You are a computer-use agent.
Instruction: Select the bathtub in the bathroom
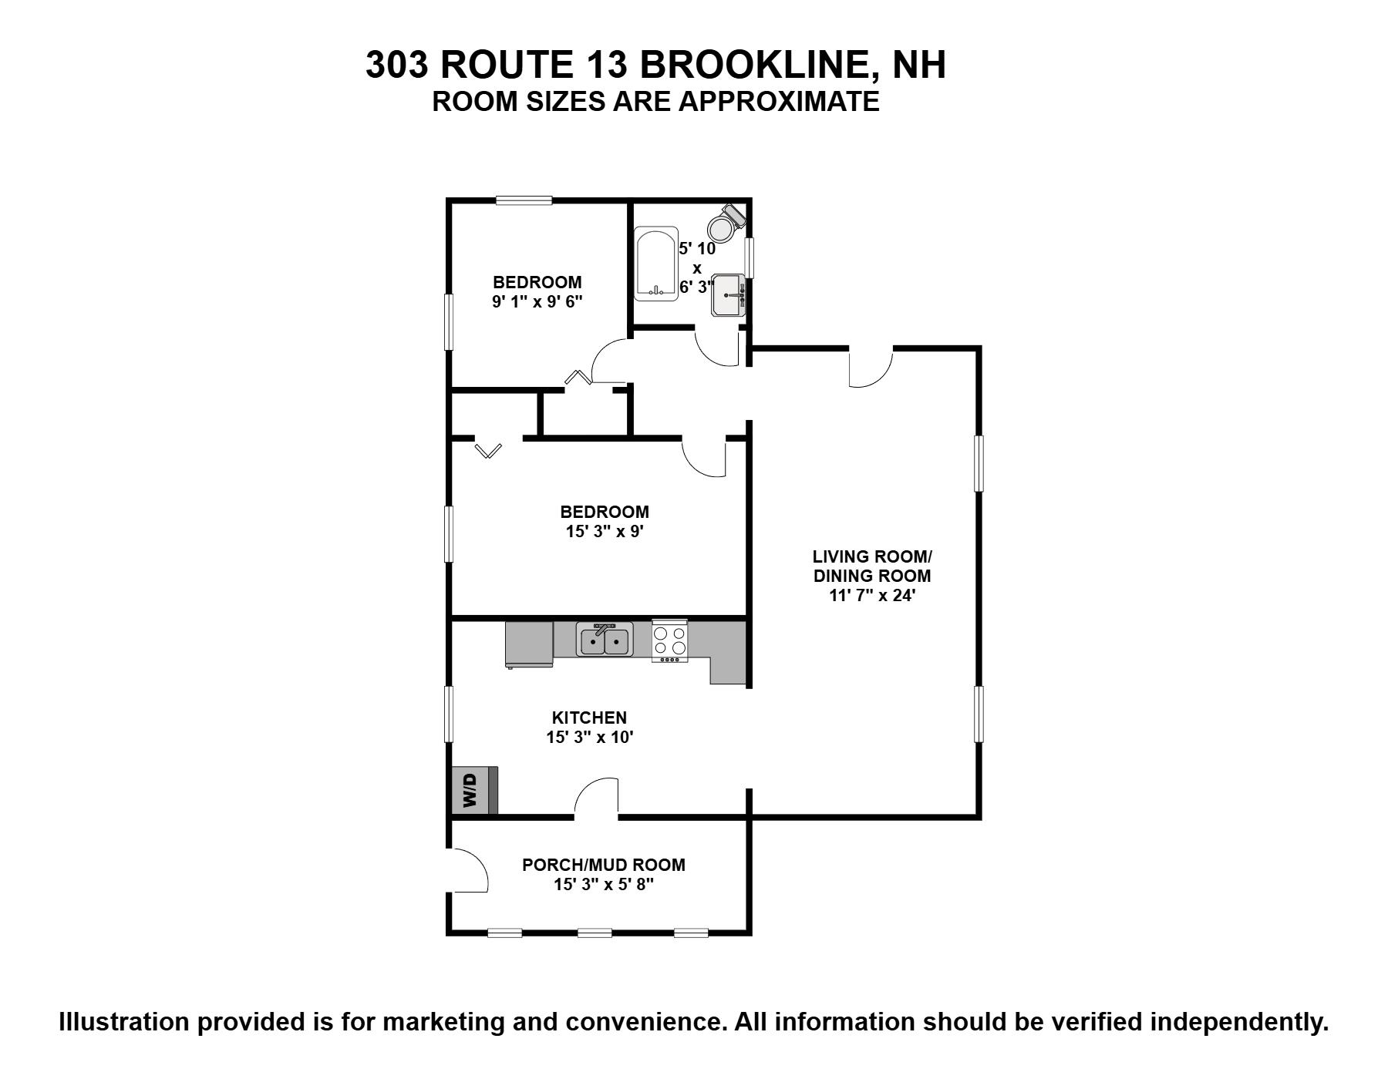click(x=655, y=263)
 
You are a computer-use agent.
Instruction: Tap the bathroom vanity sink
click(x=729, y=295)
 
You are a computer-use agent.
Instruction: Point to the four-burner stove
click(x=669, y=640)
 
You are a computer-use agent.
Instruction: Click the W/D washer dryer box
click(x=474, y=790)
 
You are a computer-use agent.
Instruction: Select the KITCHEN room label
click(x=590, y=718)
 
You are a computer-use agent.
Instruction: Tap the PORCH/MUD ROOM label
click(x=604, y=865)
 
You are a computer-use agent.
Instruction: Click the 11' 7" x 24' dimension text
click(x=872, y=595)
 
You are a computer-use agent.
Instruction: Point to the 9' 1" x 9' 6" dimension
click(x=537, y=301)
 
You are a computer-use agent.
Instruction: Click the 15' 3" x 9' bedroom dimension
click(x=605, y=531)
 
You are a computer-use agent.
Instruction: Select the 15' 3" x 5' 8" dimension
click(x=604, y=885)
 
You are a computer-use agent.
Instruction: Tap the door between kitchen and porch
click(x=596, y=798)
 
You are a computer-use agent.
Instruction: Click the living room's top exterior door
click(x=871, y=368)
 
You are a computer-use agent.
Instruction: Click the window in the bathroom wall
click(x=749, y=257)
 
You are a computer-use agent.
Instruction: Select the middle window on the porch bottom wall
click(x=595, y=933)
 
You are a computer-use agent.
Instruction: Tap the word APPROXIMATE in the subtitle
click(x=779, y=102)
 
